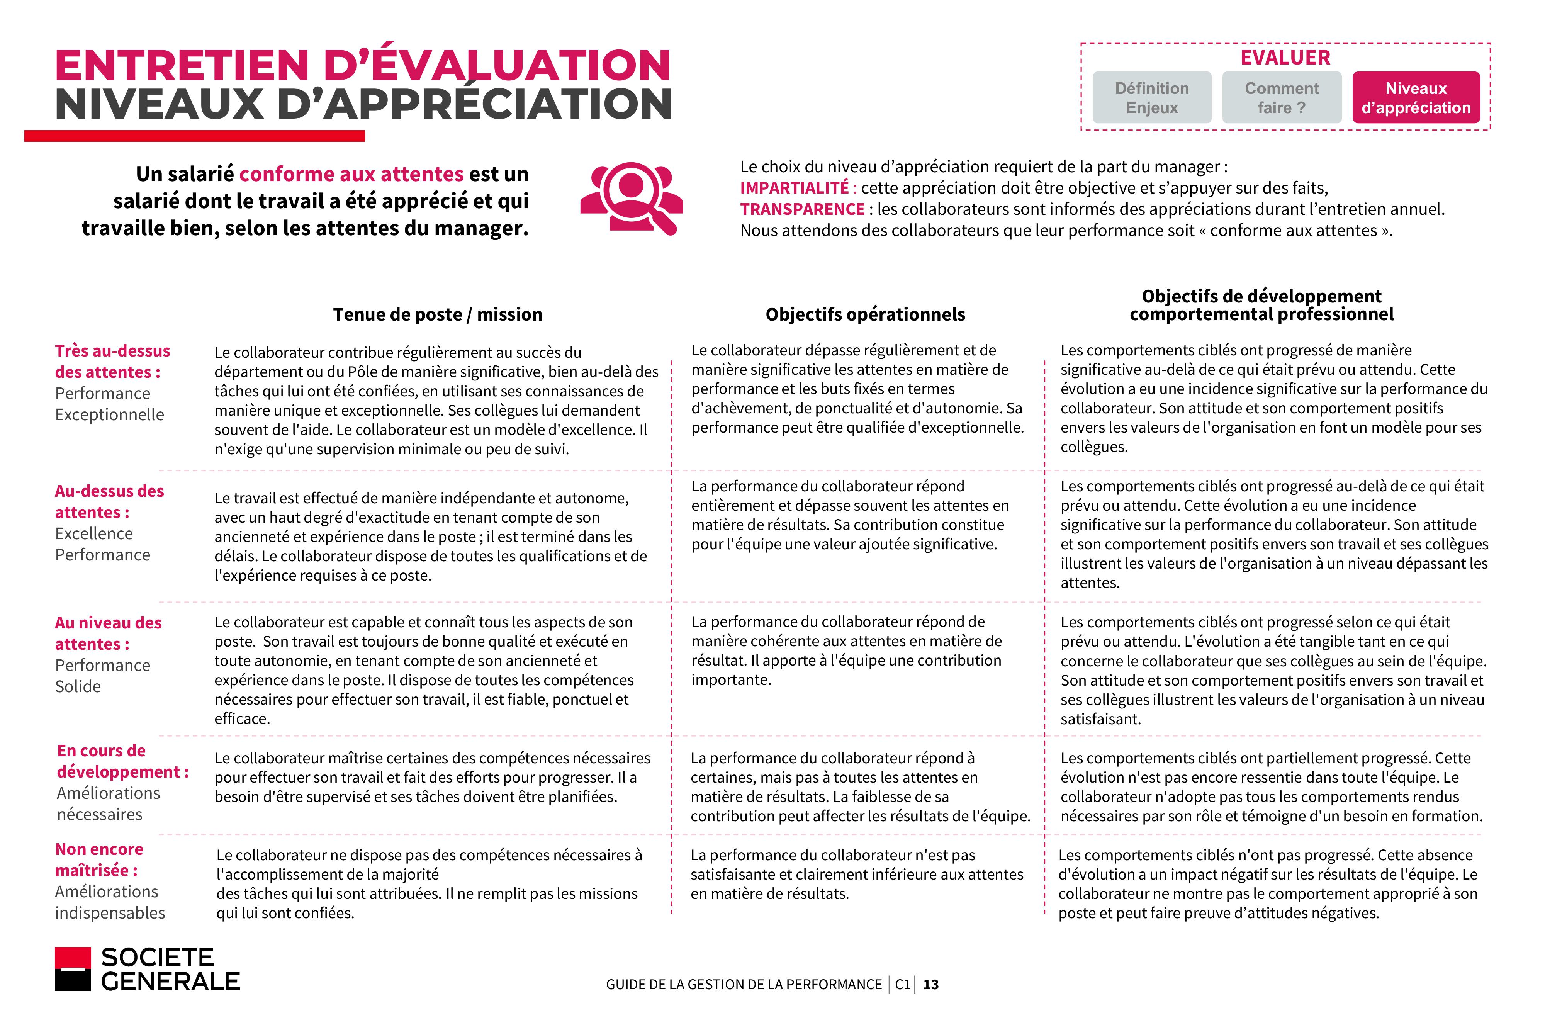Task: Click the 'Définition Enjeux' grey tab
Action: [x=1151, y=98]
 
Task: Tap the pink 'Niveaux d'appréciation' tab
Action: [x=1416, y=98]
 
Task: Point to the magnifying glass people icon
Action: [x=632, y=197]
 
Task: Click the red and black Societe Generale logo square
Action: [x=73, y=969]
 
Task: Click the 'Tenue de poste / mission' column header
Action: [x=437, y=314]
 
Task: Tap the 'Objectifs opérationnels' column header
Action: [x=865, y=314]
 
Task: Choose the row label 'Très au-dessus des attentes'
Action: [x=112, y=362]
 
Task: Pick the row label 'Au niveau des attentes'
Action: [x=108, y=633]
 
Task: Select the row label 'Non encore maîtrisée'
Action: [x=99, y=859]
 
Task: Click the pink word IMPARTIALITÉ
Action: [x=794, y=188]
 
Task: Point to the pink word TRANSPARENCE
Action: [x=802, y=209]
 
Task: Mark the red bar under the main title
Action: [x=194, y=136]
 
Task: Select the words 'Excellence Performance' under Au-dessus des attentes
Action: [x=102, y=544]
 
